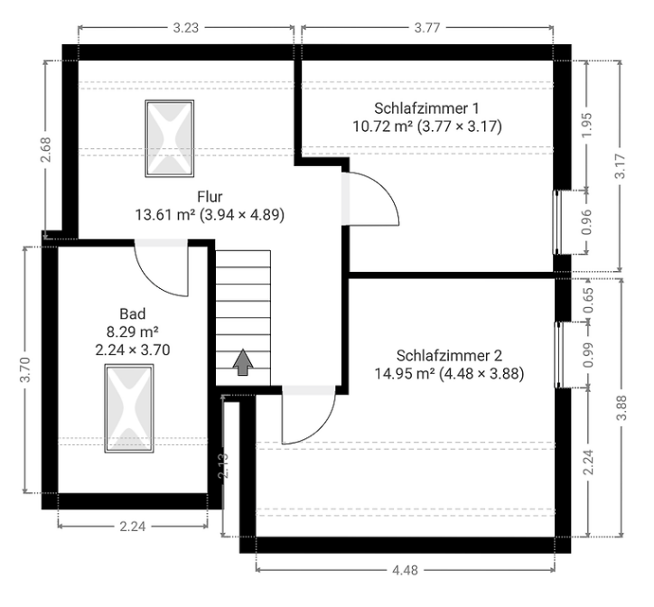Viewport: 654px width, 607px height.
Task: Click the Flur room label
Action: [210, 197]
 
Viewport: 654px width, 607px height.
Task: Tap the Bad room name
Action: [133, 313]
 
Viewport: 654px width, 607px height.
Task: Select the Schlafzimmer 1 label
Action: [426, 108]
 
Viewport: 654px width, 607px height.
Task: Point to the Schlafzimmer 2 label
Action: [449, 356]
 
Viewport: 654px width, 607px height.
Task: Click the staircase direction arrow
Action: [243, 362]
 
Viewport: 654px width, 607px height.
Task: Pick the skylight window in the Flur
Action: [169, 138]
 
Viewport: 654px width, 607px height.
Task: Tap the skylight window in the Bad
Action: [129, 408]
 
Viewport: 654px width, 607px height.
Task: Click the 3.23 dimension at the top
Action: [186, 28]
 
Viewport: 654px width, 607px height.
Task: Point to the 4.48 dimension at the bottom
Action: [405, 570]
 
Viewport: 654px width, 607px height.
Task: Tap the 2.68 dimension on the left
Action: [45, 149]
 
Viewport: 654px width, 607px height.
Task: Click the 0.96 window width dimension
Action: [586, 222]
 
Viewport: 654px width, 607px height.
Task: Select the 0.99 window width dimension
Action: [587, 355]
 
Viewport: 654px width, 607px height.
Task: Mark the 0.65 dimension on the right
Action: [588, 301]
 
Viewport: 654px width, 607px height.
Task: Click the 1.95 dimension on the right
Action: [586, 126]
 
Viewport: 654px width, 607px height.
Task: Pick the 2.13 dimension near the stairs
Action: [223, 465]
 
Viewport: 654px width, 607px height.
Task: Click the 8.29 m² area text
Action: [133, 332]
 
